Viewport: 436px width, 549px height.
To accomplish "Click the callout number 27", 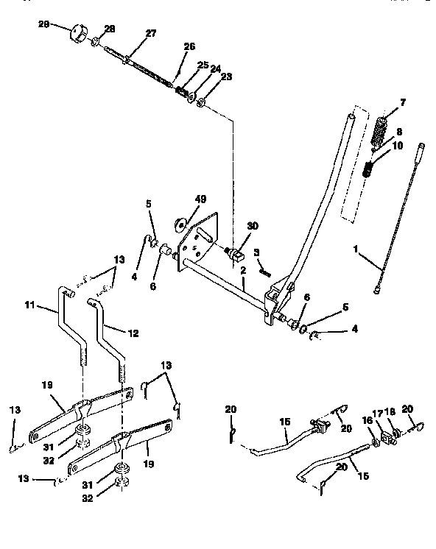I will coord(150,33).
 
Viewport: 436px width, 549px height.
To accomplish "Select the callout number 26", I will coord(190,46).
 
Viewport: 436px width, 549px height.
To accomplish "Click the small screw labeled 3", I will coord(264,271).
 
